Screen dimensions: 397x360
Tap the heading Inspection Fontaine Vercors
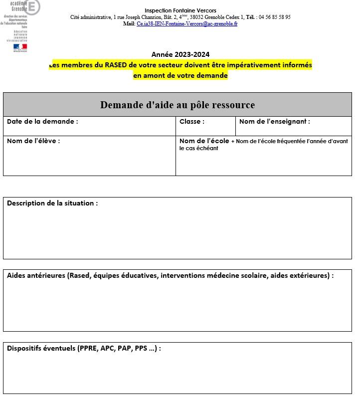(x=180, y=10)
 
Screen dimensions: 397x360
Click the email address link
(x=187, y=23)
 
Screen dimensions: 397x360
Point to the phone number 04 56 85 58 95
(x=274, y=17)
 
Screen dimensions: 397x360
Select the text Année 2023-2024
(x=180, y=54)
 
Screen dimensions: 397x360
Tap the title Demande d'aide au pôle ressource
(x=177, y=105)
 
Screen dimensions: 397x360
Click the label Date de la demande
(x=42, y=122)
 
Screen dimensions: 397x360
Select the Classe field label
(x=191, y=122)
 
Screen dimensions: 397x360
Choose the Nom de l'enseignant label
(x=274, y=122)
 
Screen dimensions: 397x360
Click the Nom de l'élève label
(x=33, y=141)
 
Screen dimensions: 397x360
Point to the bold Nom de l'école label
(x=204, y=141)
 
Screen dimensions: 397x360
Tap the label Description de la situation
(x=52, y=203)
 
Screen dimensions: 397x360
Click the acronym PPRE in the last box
(x=88, y=348)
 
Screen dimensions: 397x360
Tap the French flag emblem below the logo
(x=20, y=47)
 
